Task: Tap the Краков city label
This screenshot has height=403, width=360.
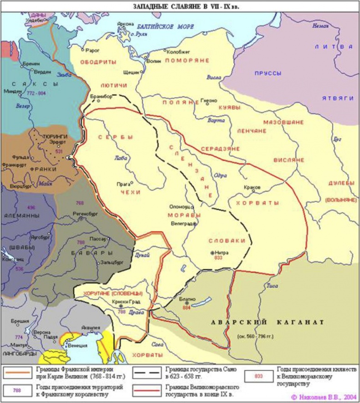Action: click(x=252, y=187)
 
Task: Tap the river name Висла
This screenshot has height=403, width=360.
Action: click(x=214, y=77)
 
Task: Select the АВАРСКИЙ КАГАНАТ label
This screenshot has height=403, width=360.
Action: click(x=267, y=322)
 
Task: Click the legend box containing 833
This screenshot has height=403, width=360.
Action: click(x=258, y=377)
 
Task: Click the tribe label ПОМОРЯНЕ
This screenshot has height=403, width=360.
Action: click(x=187, y=60)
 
